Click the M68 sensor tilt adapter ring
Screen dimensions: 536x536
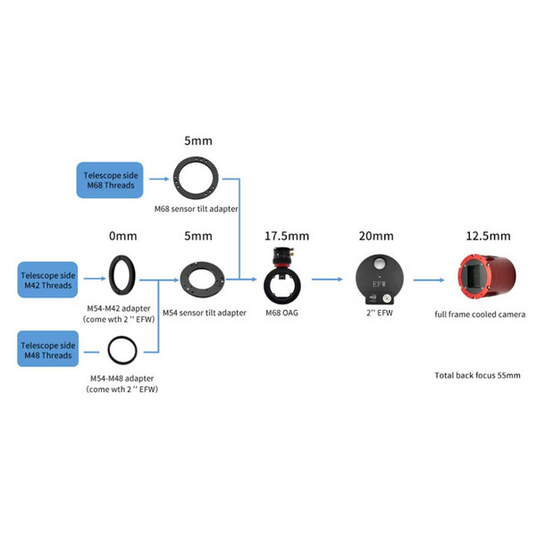(197, 178)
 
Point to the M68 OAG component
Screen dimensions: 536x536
(285, 272)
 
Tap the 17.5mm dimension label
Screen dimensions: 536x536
(286, 237)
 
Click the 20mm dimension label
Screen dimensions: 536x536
(376, 237)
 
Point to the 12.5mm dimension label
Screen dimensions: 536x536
(488, 237)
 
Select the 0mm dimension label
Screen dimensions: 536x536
(124, 237)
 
